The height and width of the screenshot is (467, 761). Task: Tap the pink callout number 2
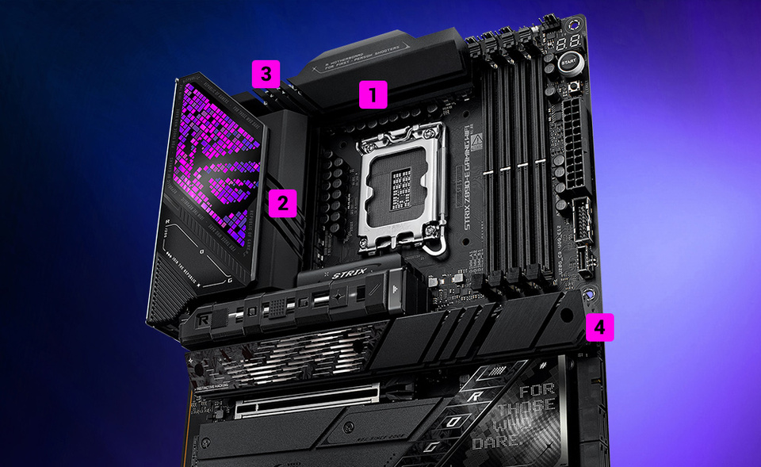[x=281, y=203]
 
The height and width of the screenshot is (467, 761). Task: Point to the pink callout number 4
[x=599, y=325]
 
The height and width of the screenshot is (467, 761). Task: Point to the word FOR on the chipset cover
[x=537, y=390]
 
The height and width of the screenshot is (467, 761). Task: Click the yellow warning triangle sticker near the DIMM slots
[x=476, y=143]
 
